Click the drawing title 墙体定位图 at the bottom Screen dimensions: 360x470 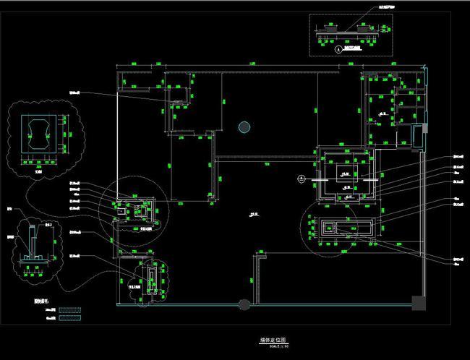273,338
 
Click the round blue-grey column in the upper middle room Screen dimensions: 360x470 245,127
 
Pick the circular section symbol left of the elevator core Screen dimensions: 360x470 302,177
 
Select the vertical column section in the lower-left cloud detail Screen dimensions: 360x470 32,243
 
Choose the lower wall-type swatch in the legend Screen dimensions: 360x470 71,317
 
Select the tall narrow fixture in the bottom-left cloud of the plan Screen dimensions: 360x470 151,275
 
